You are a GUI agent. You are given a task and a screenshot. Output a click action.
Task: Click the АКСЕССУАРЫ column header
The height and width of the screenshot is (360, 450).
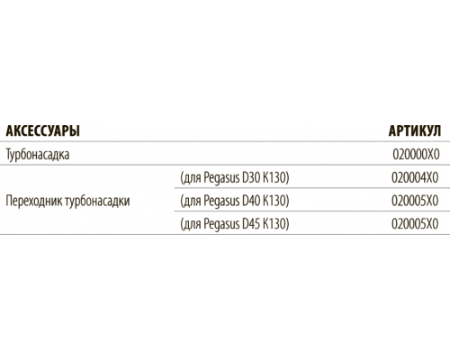tap(43, 130)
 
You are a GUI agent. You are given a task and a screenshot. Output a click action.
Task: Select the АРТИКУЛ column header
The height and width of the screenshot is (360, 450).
tap(415, 130)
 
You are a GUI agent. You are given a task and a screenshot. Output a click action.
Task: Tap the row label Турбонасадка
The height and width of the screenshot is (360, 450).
tap(38, 155)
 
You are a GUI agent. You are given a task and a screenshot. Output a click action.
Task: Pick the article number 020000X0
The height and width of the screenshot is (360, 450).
tap(416, 155)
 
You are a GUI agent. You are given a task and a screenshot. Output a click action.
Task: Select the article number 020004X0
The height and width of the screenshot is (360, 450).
tap(415, 177)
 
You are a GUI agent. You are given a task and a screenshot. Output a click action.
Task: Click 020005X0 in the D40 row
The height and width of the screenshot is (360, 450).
tap(415, 201)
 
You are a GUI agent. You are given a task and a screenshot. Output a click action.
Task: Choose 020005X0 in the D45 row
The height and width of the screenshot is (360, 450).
tap(415, 224)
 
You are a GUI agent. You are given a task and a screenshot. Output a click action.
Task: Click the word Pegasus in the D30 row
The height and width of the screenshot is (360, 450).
tap(221, 178)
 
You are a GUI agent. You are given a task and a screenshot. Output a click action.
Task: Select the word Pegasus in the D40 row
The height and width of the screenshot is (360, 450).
tap(221, 202)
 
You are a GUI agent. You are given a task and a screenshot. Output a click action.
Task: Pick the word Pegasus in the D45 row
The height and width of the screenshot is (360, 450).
tap(221, 224)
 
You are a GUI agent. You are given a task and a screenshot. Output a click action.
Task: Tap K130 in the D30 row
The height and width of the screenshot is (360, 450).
tap(274, 177)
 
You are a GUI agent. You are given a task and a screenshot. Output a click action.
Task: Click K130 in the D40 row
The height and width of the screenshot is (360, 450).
tap(274, 201)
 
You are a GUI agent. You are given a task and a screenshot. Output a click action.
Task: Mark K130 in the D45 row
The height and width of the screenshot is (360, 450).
tap(274, 224)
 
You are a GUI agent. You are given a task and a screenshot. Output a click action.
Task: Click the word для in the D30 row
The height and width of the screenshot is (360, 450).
tap(193, 178)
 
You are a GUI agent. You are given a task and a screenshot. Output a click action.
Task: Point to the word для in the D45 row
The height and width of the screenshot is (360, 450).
tap(193, 224)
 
